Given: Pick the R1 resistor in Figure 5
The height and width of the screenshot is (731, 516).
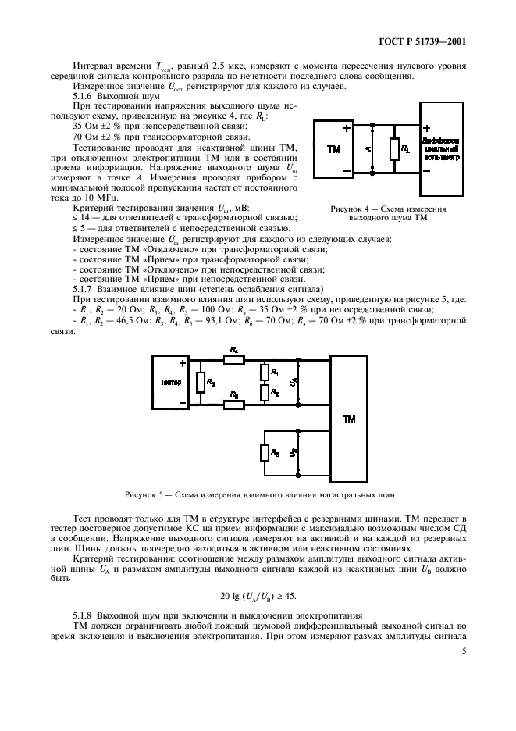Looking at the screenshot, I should pyautogui.click(x=265, y=373).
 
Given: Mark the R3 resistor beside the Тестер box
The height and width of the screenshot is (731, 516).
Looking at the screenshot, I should pyautogui.click(x=201, y=383).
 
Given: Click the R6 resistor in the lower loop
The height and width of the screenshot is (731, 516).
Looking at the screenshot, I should pyautogui.click(x=265, y=453).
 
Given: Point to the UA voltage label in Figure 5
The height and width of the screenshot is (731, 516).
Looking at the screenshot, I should pyautogui.click(x=292, y=382).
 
